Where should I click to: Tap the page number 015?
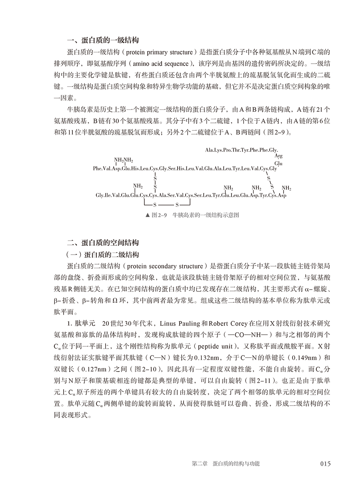tap(325, 464)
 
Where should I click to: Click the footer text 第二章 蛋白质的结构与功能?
tap(226, 464)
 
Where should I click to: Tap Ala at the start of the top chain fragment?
tap(209, 150)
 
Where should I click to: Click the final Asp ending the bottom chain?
tap(282, 195)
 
